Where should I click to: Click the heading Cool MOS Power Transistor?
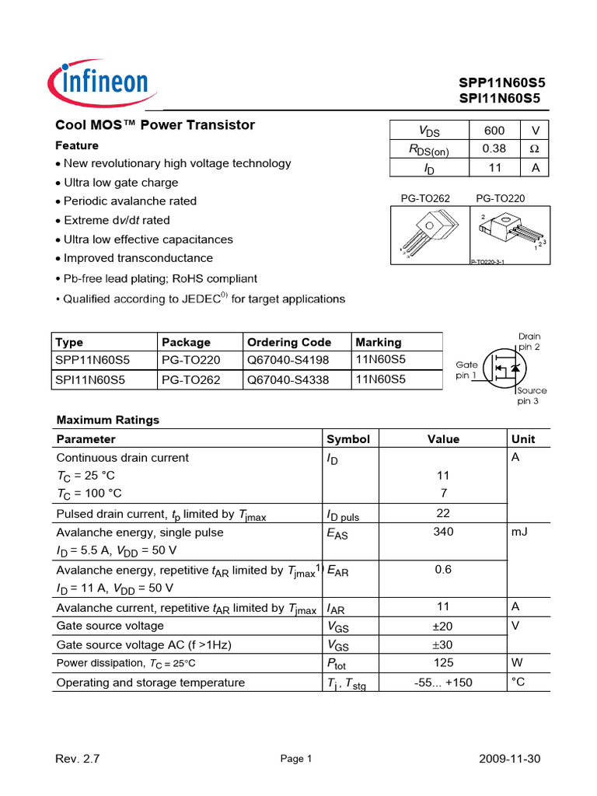(x=155, y=125)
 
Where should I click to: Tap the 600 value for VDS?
(x=494, y=131)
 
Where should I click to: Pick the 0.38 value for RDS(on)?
(x=494, y=148)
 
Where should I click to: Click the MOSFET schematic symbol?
(x=501, y=365)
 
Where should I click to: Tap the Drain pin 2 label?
(x=529, y=341)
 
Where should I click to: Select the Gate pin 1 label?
(x=466, y=369)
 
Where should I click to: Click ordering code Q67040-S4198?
(x=288, y=360)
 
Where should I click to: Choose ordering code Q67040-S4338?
(x=288, y=380)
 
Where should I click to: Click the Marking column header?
(x=379, y=342)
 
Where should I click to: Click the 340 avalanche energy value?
(x=443, y=532)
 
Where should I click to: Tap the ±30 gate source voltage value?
(x=443, y=644)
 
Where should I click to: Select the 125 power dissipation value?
(x=443, y=663)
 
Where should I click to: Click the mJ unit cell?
(x=518, y=532)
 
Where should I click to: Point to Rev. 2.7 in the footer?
(x=78, y=759)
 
